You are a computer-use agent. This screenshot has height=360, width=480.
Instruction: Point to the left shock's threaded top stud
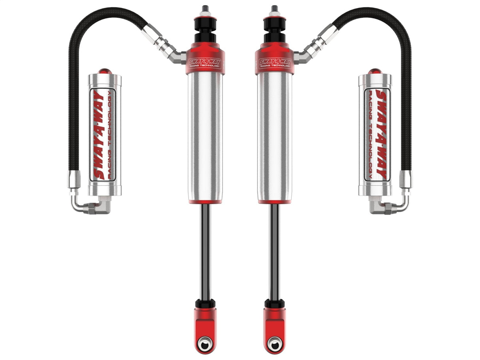[205, 9]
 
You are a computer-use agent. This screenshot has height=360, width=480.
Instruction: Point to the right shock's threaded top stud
[274, 9]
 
